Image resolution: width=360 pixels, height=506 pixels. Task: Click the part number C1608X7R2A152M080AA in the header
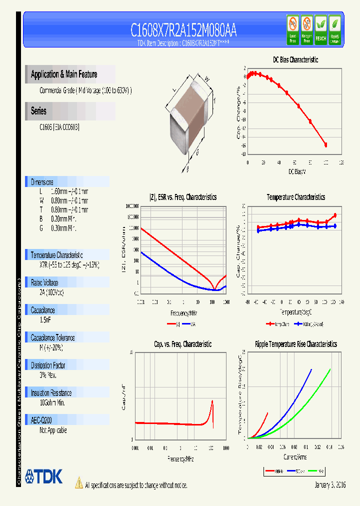click(183, 30)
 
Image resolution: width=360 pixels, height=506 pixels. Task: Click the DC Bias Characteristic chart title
click(295, 59)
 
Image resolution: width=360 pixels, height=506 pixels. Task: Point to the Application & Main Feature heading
click(64, 74)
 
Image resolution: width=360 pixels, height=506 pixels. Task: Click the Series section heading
click(39, 111)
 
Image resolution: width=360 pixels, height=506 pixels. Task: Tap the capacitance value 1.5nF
click(45, 319)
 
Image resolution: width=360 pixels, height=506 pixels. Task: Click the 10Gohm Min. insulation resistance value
click(52, 402)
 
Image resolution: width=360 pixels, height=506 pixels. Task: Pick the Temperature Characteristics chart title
click(295, 197)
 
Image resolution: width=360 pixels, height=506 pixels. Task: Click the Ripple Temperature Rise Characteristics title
click(295, 344)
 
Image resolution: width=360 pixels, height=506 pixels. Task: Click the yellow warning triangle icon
click(78, 483)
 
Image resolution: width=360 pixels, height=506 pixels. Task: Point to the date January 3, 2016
click(330, 485)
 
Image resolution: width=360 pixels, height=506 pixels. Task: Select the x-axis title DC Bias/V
click(297, 171)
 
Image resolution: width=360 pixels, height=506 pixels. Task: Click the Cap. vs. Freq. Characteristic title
click(182, 344)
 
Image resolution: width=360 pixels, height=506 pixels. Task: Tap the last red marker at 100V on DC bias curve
click(326, 145)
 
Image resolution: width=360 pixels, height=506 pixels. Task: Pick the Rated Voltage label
click(44, 282)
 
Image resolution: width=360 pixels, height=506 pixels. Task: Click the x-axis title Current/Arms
click(295, 457)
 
